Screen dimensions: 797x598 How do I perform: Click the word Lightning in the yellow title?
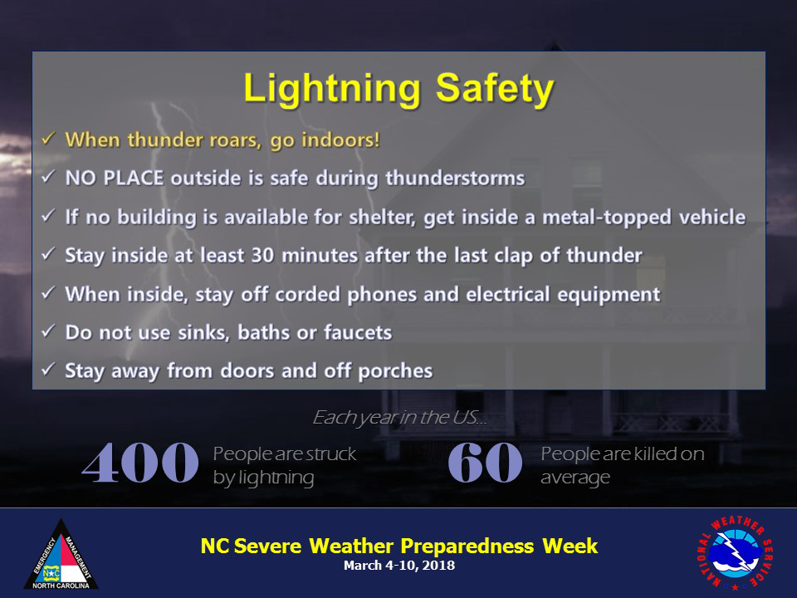tap(332, 90)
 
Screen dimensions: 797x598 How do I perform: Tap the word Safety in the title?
tap(495, 90)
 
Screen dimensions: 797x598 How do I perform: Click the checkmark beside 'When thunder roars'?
tap(48, 139)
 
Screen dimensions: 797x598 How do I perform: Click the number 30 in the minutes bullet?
tap(263, 255)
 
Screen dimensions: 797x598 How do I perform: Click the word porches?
tap(395, 371)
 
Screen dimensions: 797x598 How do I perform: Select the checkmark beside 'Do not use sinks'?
tap(48, 331)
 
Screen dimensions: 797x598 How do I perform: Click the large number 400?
tap(139, 463)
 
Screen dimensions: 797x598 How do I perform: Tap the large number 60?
tap(485, 463)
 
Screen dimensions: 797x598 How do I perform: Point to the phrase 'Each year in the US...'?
tap(399, 418)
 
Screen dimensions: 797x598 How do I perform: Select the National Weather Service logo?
tap(735, 552)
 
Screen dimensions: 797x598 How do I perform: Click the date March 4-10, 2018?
tap(399, 566)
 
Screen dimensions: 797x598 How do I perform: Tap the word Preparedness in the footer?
tap(467, 547)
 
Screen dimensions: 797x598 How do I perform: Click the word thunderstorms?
tap(455, 178)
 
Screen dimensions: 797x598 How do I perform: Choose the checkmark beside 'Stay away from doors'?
tap(48, 369)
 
